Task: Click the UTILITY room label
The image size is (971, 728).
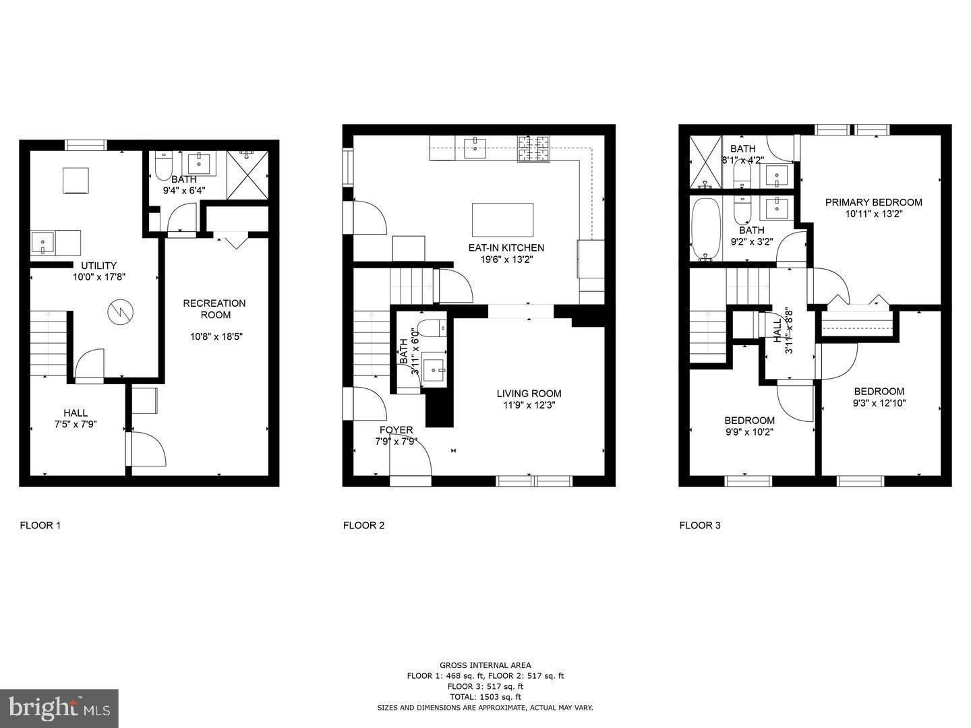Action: pyautogui.click(x=99, y=266)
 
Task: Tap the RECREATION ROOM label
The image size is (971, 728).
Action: pyautogui.click(x=214, y=309)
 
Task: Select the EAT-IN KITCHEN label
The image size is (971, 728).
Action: pyautogui.click(x=506, y=247)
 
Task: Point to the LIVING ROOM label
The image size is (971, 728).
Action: pyautogui.click(x=529, y=394)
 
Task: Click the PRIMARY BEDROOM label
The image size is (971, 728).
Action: pyautogui.click(x=873, y=202)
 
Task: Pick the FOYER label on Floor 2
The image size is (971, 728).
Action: pyautogui.click(x=396, y=430)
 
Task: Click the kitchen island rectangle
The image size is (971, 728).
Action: pyautogui.click(x=502, y=219)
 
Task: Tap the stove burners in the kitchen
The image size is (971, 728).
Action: pyautogui.click(x=533, y=149)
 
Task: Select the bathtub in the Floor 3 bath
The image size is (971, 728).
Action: pyautogui.click(x=706, y=229)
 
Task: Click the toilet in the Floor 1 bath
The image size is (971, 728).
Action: pyautogui.click(x=163, y=166)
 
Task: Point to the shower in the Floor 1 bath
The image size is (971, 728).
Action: pyautogui.click(x=247, y=175)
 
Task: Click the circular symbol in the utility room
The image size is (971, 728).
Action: pyautogui.click(x=120, y=311)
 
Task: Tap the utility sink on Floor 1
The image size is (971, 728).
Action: pyautogui.click(x=44, y=243)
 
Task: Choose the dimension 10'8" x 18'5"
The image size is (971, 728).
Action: pyautogui.click(x=214, y=336)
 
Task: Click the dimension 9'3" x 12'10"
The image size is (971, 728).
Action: pyautogui.click(x=879, y=403)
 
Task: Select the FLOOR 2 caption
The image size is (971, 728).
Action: pyautogui.click(x=363, y=525)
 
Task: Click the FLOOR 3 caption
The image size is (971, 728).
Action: pyautogui.click(x=699, y=525)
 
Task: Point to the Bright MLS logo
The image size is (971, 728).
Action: pyautogui.click(x=59, y=708)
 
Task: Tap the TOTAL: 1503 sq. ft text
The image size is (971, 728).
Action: pyautogui.click(x=485, y=697)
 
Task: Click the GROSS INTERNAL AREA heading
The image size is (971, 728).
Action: pyautogui.click(x=485, y=665)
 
